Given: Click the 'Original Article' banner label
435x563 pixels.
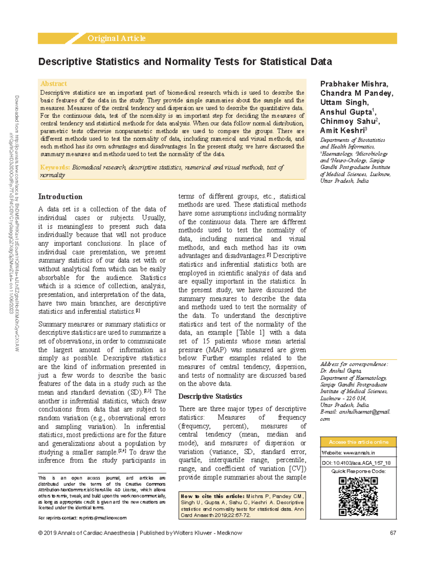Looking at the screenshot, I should point(116,38).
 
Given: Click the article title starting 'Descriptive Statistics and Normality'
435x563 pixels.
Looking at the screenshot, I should point(185,62).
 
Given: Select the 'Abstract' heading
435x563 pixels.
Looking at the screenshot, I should point(54,84).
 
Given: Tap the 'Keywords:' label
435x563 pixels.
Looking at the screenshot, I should point(55,167).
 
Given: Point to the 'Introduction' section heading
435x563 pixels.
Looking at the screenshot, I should point(60,197).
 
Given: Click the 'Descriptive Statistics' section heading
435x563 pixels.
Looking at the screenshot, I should point(210,397).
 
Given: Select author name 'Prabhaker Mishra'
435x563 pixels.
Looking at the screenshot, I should point(354,84).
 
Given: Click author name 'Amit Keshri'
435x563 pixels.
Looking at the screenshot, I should point(342,131).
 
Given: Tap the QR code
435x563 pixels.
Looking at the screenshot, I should point(358,496).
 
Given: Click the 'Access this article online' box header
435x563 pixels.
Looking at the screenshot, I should point(358,442).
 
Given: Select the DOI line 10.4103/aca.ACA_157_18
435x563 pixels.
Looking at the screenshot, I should point(356,463).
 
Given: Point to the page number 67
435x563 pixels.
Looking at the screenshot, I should point(393,533).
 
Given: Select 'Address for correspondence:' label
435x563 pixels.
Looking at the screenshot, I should point(354,364).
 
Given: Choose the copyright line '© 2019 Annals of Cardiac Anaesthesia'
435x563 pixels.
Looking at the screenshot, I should point(86,533).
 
